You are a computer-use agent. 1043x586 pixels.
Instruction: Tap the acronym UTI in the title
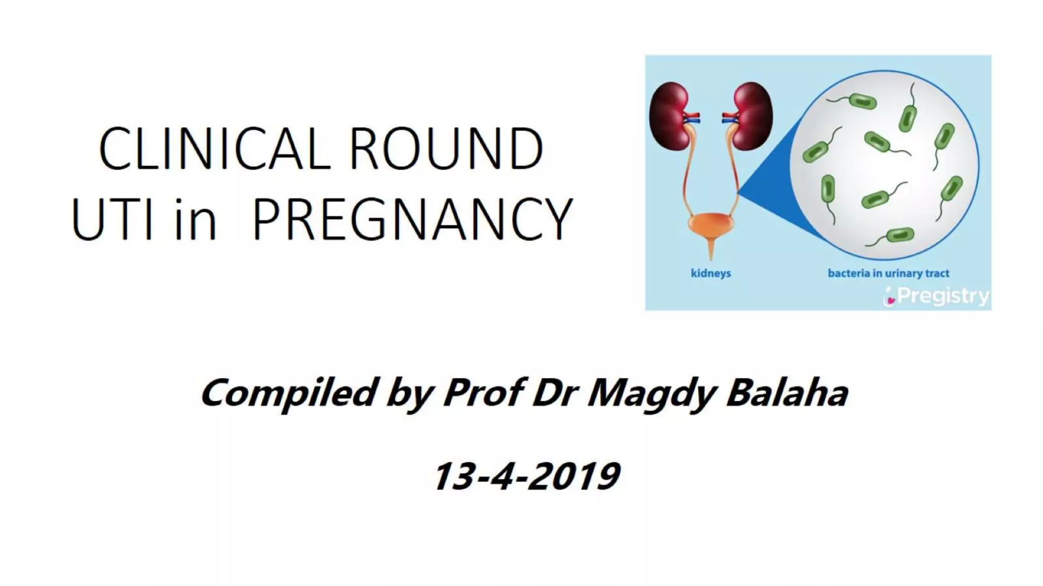click(x=113, y=220)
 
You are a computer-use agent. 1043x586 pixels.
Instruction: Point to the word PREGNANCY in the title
click(x=413, y=220)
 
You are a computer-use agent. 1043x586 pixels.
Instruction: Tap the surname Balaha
click(x=787, y=393)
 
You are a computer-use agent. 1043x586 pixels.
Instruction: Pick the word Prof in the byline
click(x=483, y=393)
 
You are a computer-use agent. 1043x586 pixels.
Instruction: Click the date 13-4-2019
click(x=527, y=476)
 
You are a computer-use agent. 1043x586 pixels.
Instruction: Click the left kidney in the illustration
click(x=670, y=116)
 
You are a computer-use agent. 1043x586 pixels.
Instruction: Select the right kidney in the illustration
click(x=752, y=116)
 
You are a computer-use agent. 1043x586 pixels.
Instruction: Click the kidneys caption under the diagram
click(x=710, y=273)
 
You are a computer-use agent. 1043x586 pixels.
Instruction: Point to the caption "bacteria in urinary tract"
click(x=888, y=273)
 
